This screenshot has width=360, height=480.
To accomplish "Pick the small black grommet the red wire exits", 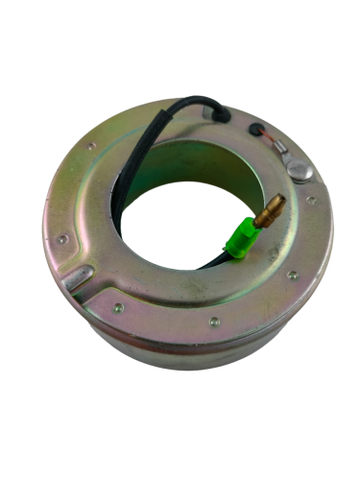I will (253, 129).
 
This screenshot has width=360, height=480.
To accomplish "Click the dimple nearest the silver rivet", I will (308, 200).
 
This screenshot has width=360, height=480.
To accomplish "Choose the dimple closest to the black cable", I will (91, 147).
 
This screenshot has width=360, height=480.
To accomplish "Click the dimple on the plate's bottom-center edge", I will (214, 321).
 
